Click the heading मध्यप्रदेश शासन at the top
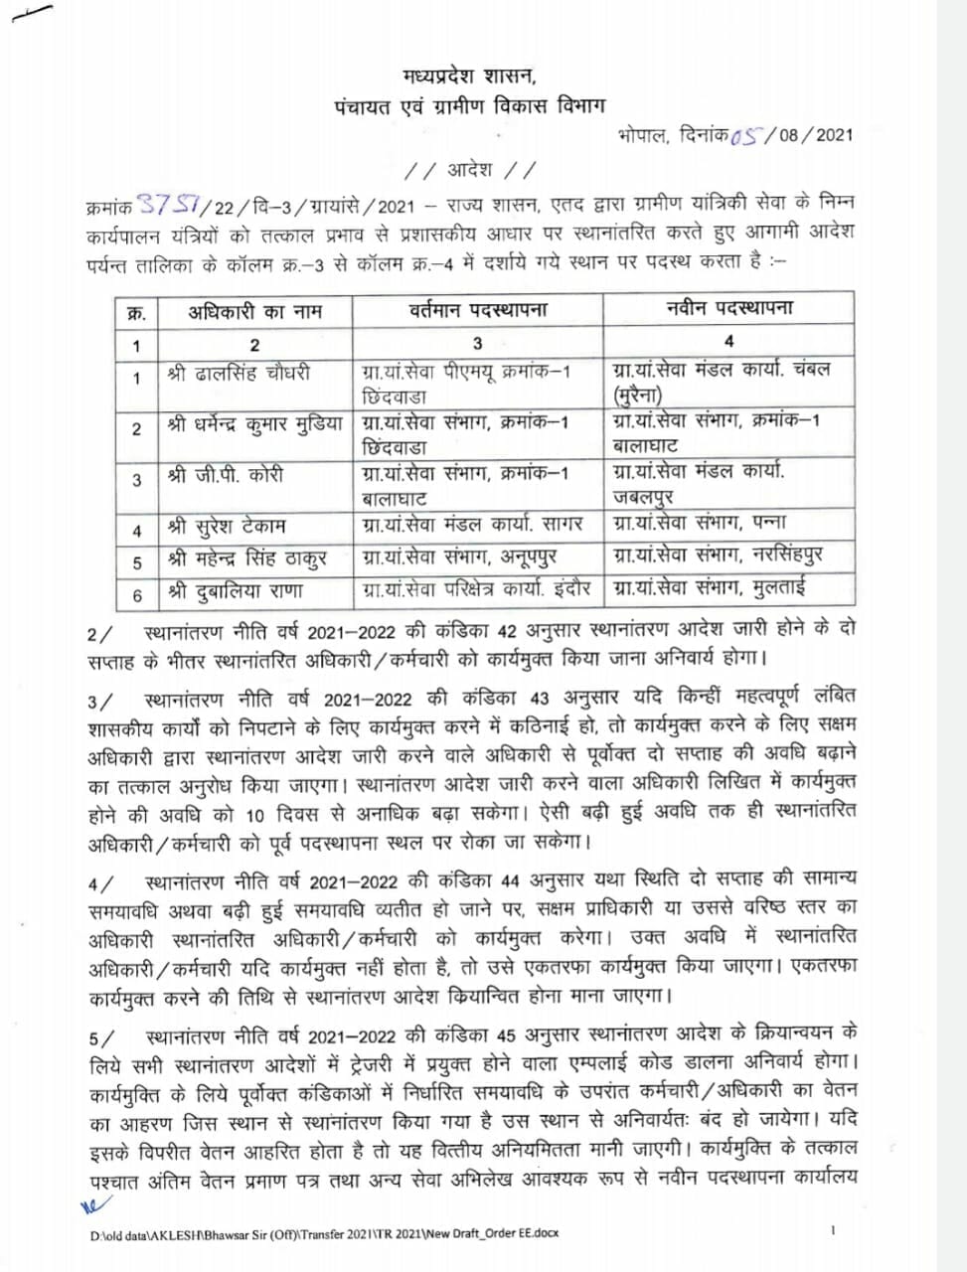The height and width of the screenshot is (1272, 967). click(x=469, y=77)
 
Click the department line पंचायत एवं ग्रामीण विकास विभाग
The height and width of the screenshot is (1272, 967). click(x=469, y=106)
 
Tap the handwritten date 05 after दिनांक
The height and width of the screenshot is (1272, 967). click(x=747, y=136)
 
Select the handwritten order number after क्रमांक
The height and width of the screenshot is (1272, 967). click(x=170, y=205)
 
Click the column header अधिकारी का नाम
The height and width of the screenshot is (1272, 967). click(x=254, y=311)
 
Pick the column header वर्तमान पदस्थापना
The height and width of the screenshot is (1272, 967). click(x=477, y=311)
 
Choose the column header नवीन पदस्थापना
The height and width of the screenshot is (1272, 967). click(x=728, y=309)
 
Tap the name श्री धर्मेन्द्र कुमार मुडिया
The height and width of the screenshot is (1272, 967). click(x=255, y=424)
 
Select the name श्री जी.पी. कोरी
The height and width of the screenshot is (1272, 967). click(x=226, y=476)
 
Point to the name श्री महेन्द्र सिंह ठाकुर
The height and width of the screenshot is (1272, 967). click(x=247, y=558)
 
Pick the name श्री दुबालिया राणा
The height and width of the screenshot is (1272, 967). click(x=236, y=591)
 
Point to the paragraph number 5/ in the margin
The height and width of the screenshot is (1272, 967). click(x=100, y=1038)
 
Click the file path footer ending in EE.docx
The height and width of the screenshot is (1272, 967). click(x=324, y=1233)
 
